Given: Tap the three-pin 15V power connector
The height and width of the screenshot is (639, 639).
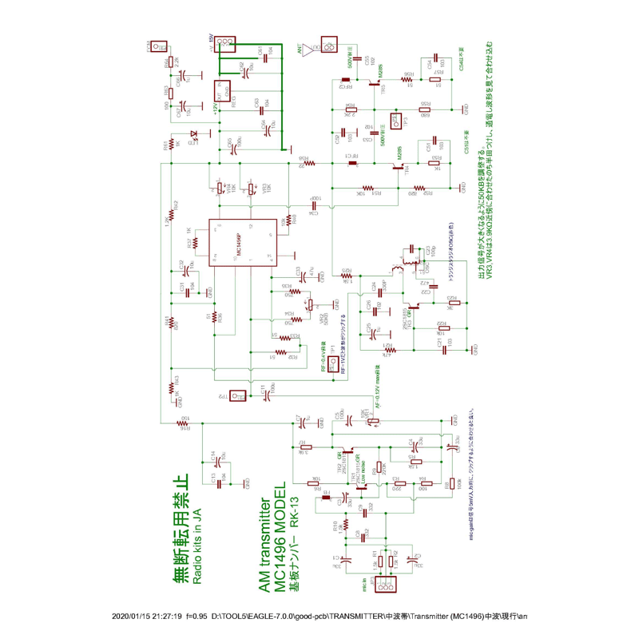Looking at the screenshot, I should click(225, 42).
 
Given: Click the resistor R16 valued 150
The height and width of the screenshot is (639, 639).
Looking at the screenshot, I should click(186, 421).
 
